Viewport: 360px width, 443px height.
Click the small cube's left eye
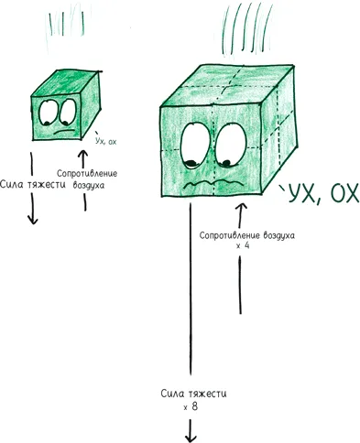click(49, 113)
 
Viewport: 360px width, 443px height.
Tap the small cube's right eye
click(68, 112)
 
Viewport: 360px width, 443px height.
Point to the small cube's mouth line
click(64, 132)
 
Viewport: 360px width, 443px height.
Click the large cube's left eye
click(195, 146)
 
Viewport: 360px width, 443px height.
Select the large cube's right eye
click(231, 145)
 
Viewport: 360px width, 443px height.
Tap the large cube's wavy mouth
click(213, 184)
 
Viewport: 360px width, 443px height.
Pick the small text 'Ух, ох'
click(104, 141)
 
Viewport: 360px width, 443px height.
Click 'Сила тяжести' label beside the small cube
click(33, 185)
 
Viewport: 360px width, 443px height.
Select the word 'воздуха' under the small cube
click(89, 185)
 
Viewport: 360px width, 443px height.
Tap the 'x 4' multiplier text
click(243, 245)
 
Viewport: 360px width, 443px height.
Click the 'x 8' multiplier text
click(191, 406)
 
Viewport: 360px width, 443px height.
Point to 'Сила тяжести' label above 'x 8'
click(193, 394)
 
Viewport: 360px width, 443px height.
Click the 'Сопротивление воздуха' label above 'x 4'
click(247, 235)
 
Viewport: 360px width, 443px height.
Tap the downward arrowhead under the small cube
click(33, 220)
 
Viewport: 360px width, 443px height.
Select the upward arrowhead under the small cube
click(82, 154)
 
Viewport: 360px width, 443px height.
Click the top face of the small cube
click(67, 83)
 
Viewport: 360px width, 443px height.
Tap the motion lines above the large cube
click(246, 29)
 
